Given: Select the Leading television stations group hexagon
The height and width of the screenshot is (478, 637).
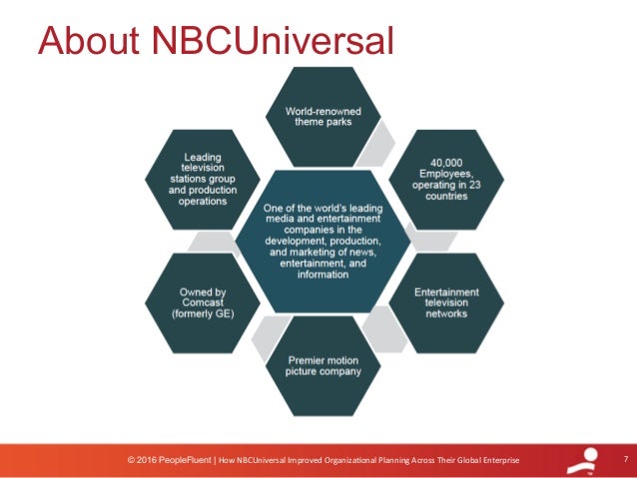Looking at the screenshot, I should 190,180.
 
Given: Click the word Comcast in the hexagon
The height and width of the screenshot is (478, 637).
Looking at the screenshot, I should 191,302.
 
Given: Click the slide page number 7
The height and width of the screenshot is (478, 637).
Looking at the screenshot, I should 623,458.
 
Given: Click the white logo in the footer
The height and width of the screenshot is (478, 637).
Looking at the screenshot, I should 582,460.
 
